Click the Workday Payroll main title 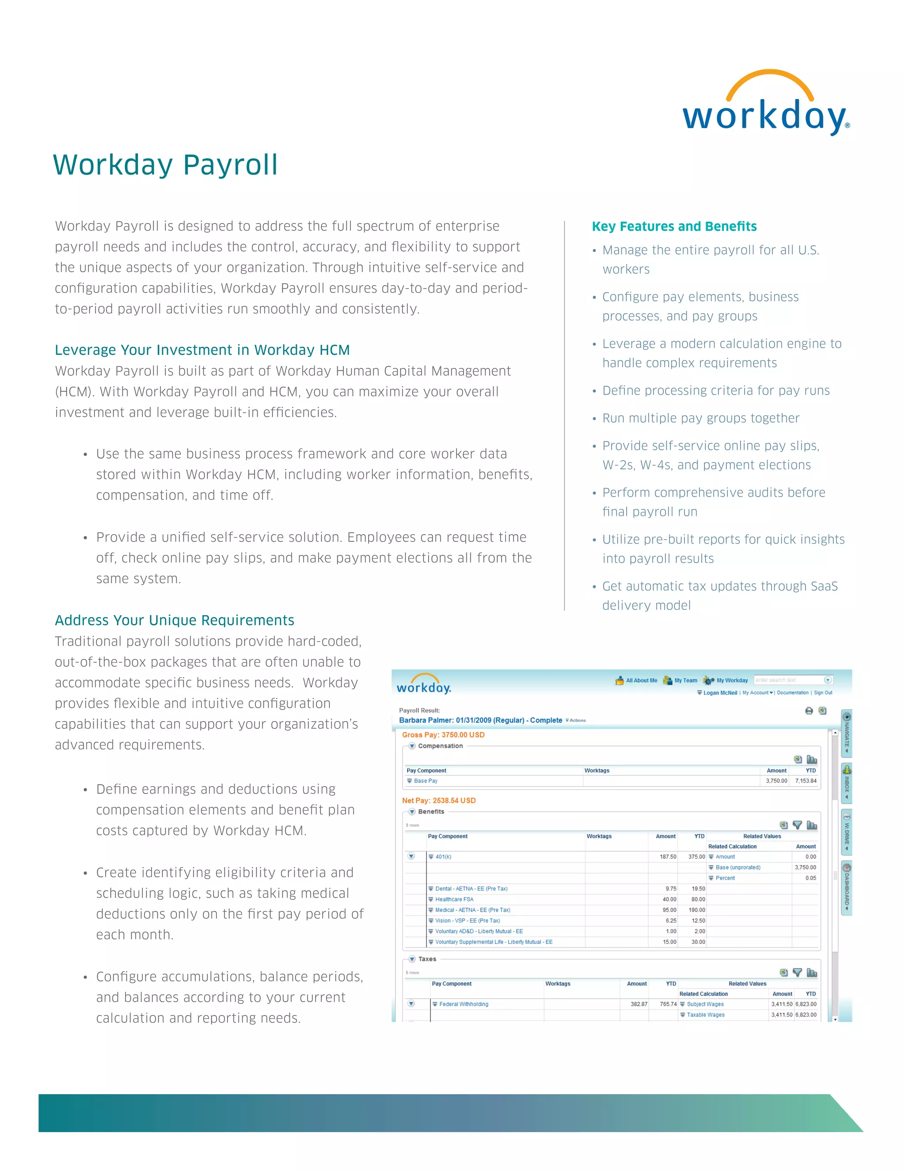(165, 165)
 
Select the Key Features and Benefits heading (674, 226)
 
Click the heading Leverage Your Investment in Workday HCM (202, 350)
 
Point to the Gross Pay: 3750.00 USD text (443, 734)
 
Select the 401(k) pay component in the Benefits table (443, 856)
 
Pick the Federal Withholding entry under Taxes (463, 1004)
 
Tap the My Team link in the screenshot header (685, 680)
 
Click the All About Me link (641, 680)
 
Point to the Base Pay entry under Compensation (425, 781)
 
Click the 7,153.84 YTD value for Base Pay (805, 781)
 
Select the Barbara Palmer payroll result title (480, 720)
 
